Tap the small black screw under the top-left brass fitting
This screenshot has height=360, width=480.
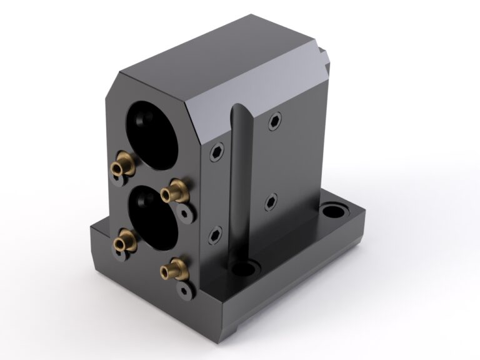tap(117, 182)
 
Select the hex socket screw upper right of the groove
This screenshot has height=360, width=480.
tap(274, 121)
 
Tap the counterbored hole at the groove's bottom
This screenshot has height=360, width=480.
tap(244, 269)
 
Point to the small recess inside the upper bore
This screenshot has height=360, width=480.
tap(139, 116)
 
